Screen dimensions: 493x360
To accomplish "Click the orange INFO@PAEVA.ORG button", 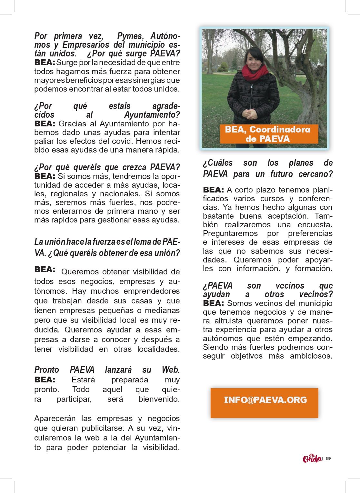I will (264, 403).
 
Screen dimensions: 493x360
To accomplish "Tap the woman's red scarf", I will (255, 73).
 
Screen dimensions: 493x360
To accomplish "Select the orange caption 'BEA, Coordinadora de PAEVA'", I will (267, 134).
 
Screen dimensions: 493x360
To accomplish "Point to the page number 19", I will (328, 458).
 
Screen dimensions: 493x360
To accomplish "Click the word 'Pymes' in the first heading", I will (130, 36).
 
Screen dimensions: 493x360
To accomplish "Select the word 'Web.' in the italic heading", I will (171, 370).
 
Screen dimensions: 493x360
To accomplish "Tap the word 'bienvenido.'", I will (159, 399).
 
